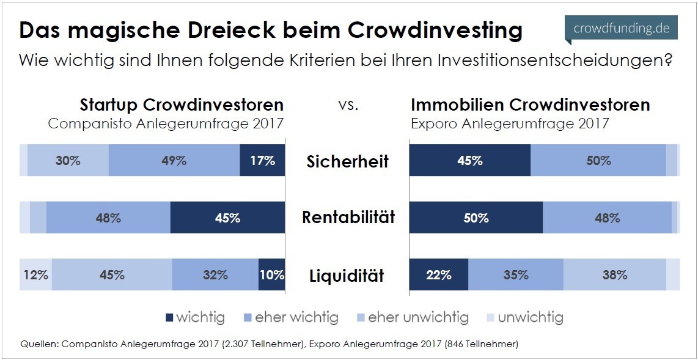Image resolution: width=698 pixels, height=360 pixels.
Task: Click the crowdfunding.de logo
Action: pos(621,29)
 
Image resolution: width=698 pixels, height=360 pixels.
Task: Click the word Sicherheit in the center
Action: pos(348,161)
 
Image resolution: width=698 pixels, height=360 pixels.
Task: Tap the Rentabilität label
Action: pos(348,218)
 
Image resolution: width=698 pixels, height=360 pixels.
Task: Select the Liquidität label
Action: pos(348,275)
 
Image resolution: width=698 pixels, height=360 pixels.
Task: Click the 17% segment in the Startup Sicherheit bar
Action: pos(262,161)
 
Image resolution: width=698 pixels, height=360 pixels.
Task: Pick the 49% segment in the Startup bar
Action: pos(174,161)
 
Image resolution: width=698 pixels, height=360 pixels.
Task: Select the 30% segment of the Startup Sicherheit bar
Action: pos(68,161)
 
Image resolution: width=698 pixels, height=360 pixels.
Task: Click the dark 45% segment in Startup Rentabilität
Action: pos(227,218)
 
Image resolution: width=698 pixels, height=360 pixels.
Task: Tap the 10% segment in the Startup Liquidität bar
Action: pos(271,275)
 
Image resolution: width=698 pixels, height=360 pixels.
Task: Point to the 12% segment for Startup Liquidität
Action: pos(35,275)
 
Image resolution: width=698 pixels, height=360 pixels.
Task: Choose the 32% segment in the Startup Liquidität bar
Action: pos(215,275)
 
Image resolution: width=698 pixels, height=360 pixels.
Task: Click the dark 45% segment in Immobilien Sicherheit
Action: pos(469,161)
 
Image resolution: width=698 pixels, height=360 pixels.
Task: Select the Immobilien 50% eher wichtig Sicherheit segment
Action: pos(598,161)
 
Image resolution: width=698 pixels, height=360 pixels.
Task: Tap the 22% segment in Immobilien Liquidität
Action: pos(438,275)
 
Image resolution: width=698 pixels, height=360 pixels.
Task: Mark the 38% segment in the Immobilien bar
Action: pos(614,275)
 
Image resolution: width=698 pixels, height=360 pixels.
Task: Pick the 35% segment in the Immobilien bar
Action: pos(516,275)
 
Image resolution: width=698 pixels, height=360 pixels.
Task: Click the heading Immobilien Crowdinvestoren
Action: pos(530,105)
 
